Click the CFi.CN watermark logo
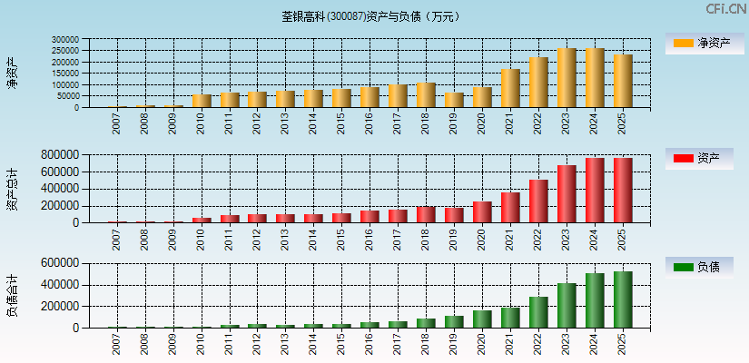(x=726, y=9)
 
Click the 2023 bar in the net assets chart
(x=567, y=78)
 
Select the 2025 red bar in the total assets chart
(x=623, y=191)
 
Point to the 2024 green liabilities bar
(x=595, y=300)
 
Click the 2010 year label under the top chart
(x=202, y=123)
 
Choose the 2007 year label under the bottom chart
(x=117, y=342)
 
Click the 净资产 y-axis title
(x=12, y=73)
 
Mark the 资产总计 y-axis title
(x=12, y=189)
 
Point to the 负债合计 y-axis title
(x=12, y=295)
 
